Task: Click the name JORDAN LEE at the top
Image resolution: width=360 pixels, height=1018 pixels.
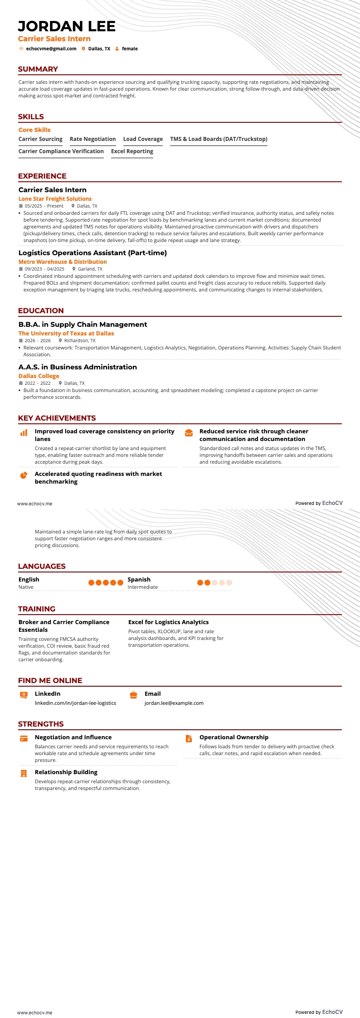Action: pos(67,26)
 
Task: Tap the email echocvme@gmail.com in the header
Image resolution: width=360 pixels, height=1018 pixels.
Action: pos(51,48)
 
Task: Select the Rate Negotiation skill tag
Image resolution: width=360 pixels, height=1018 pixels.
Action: pos(92,139)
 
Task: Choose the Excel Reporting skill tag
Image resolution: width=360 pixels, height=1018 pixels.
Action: pos(132,151)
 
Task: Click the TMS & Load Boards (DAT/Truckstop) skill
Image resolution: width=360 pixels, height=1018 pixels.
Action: pos(219,139)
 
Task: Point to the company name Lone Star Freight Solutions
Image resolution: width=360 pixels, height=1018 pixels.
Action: pos(55,199)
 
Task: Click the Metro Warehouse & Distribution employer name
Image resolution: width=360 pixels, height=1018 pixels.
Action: pos(63,262)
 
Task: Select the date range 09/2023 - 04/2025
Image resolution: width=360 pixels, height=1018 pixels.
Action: pos(44,269)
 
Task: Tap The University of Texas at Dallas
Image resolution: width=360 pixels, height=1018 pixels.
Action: pos(66,333)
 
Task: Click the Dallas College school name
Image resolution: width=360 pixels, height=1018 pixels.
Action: pos(39,376)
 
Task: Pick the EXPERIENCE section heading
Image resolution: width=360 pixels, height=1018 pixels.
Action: pos(42,176)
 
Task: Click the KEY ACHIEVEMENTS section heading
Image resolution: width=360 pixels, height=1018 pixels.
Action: pos(57,418)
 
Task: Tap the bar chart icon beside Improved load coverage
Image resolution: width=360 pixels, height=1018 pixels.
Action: pos(24,433)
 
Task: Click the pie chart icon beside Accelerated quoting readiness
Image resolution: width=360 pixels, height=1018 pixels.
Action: pos(24,475)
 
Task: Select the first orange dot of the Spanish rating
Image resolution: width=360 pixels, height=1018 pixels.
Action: pos(200,582)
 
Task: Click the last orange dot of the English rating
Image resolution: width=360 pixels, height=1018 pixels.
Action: pos(120,582)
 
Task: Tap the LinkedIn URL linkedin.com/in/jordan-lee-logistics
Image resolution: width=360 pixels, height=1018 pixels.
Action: pos(75,703)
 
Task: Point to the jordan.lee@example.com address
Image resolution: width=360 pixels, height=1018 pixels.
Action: pos(174,703)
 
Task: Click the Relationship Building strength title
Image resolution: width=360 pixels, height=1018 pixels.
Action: pos(66,772)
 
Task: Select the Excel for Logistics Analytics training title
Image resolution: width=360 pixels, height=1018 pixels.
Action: pos(168,622)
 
